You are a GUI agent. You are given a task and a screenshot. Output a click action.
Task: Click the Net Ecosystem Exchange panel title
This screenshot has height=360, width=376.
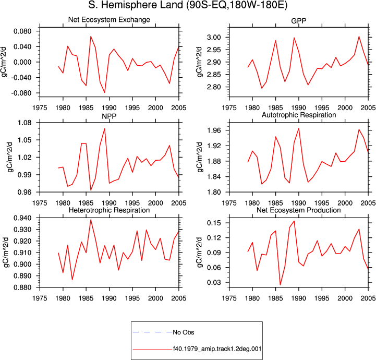point(109,20)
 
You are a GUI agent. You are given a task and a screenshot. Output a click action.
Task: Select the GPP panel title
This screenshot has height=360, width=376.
point(298,21)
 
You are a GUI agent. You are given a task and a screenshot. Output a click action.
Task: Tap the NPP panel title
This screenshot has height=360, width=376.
point(109,116)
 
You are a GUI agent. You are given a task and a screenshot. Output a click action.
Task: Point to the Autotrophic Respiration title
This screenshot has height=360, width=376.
point(299,115)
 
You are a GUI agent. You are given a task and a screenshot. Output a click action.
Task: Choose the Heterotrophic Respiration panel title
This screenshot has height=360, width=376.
point(109,210)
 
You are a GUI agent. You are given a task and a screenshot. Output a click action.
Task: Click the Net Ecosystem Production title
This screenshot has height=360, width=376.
point(299,210)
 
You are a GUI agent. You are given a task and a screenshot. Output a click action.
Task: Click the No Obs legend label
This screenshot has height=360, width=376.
point(184,332)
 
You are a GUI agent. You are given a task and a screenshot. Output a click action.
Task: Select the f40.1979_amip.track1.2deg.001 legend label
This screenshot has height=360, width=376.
point(217,349)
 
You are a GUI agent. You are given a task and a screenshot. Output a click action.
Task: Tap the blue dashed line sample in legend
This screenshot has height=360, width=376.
point(152,332)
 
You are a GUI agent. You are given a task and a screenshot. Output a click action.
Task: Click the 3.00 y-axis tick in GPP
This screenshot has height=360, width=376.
point(214,38)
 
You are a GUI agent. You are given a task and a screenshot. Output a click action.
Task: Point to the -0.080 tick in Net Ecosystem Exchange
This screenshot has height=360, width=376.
point(21,93)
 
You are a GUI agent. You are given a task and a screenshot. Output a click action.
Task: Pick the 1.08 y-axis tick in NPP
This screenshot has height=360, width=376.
point(25,123)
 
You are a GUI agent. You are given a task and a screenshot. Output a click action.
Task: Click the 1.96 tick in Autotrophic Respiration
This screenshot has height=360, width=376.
point(214,130)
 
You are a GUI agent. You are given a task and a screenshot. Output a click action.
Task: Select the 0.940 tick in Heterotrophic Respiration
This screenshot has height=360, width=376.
point(22,218)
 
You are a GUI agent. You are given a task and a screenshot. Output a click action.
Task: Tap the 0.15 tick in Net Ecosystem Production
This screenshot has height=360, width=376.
point(214,223)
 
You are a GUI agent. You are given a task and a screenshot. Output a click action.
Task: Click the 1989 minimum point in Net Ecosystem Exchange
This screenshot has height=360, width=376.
point(104,92)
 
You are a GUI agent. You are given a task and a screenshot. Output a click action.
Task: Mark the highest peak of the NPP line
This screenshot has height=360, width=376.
point(104,128)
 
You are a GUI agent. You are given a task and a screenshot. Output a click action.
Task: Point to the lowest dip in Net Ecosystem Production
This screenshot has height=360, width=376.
point(280,285)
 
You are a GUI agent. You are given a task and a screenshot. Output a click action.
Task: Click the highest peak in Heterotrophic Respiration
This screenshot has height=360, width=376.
point(91,220)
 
